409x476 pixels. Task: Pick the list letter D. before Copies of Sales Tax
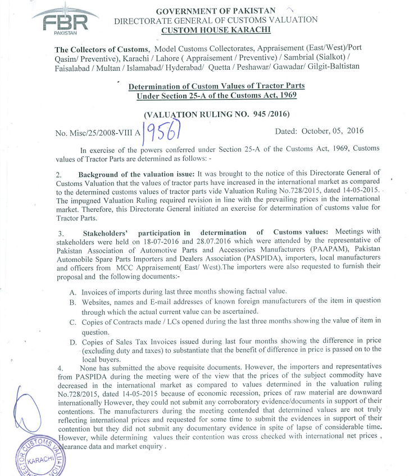coord(72,341)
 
